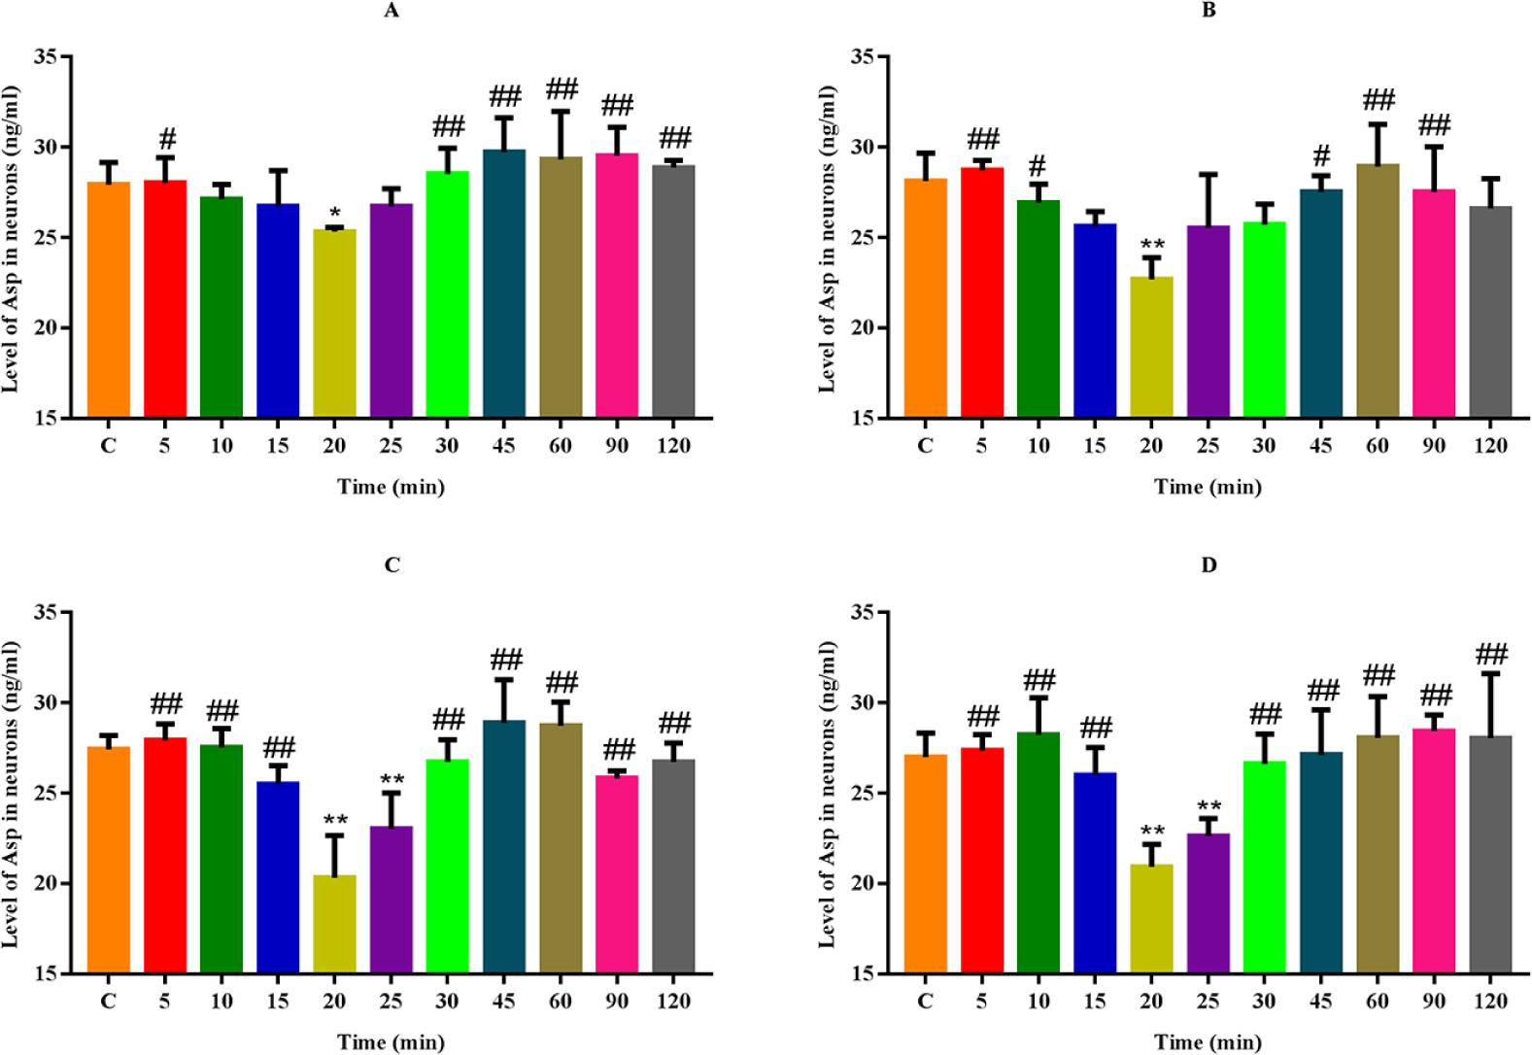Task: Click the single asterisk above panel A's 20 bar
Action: click(334, 213)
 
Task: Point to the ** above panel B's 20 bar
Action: click(1152, 244)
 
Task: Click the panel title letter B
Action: click(1209, 11)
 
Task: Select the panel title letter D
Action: click(1209, 565)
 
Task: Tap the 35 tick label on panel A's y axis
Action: click(45, 56)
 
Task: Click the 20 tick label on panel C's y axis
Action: click(45, 883)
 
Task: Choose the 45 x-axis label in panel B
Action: click(1321, 446)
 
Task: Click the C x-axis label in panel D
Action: click(925, 1001)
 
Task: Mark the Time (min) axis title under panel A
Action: click(391, 486)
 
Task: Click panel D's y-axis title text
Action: click(828, 794)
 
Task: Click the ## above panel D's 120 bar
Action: click(1490, 654)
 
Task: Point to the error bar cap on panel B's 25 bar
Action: click(1209, 175)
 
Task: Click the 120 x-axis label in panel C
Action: click(672, 1001)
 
